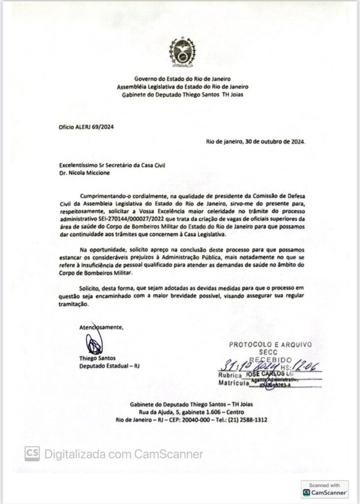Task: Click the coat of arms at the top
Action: coord(182,52)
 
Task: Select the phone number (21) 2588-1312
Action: coord(249,419)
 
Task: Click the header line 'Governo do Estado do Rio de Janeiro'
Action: coord(182,79)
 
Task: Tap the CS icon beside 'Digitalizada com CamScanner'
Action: coord(32,453)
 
